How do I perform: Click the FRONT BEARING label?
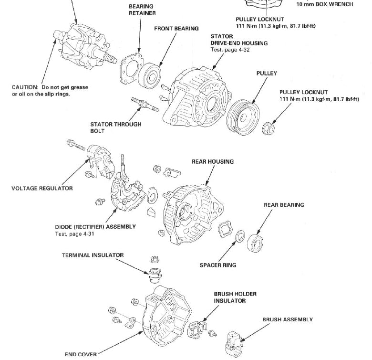176,29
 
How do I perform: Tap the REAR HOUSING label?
213,162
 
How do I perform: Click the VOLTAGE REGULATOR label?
42,188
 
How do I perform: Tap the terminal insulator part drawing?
155,275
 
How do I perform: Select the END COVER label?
81,354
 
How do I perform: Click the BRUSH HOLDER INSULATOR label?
235,297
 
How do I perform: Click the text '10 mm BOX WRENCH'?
325,4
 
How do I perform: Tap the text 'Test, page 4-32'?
231,50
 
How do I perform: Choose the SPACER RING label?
217,265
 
